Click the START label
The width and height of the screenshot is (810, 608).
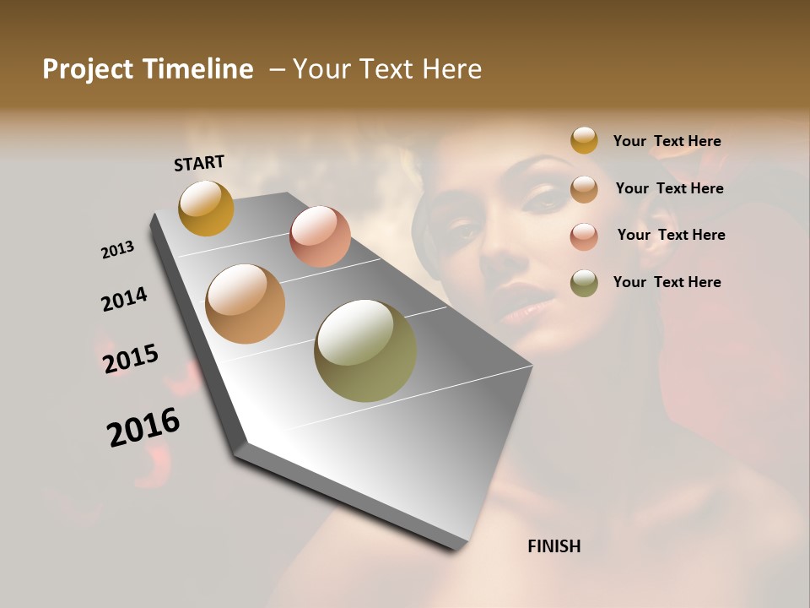[x=199, y=163]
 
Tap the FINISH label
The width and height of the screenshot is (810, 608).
[x=553, y=546]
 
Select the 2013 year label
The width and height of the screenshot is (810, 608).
[x=117, y=250]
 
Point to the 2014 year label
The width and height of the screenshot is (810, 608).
[x=124, y=299]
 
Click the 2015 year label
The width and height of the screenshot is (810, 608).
[x=131, y=359]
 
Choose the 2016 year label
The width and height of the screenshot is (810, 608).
[x=143, y=426]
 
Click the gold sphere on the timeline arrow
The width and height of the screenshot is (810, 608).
[x=206, y=208]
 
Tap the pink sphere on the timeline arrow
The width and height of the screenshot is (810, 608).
[x=320, y=236]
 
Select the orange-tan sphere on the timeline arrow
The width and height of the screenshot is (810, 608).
[x=245, y=304]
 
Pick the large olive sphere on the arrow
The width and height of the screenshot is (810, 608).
[x=365, y=350]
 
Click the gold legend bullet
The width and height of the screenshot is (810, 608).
[x=584, y=141]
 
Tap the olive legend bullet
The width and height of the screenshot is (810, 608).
[x=584, y=283]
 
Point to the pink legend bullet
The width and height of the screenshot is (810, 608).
[x=584, y=236]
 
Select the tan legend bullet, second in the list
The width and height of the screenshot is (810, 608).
[x=584, y=189]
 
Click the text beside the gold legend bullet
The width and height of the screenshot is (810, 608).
[x=667, y=141]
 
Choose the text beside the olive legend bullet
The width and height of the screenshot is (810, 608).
[x=667, y=282]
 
